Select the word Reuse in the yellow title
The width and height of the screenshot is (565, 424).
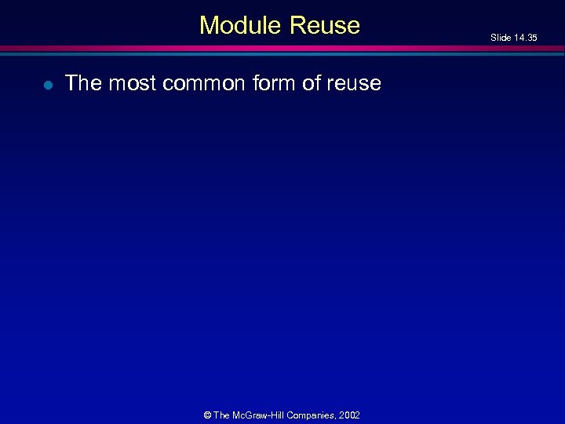(324, 25)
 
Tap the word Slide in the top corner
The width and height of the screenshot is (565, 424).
(501, 38)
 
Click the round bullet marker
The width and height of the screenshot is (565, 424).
(48, 85)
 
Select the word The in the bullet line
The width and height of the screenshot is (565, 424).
(83, 83)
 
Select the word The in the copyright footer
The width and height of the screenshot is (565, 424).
(222, 415)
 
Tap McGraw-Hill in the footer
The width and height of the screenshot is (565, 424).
(260, 415)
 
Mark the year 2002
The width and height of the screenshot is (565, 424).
(350, 415)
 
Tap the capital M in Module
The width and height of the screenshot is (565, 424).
(209, 25)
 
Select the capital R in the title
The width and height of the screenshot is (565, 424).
(297, 25)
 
